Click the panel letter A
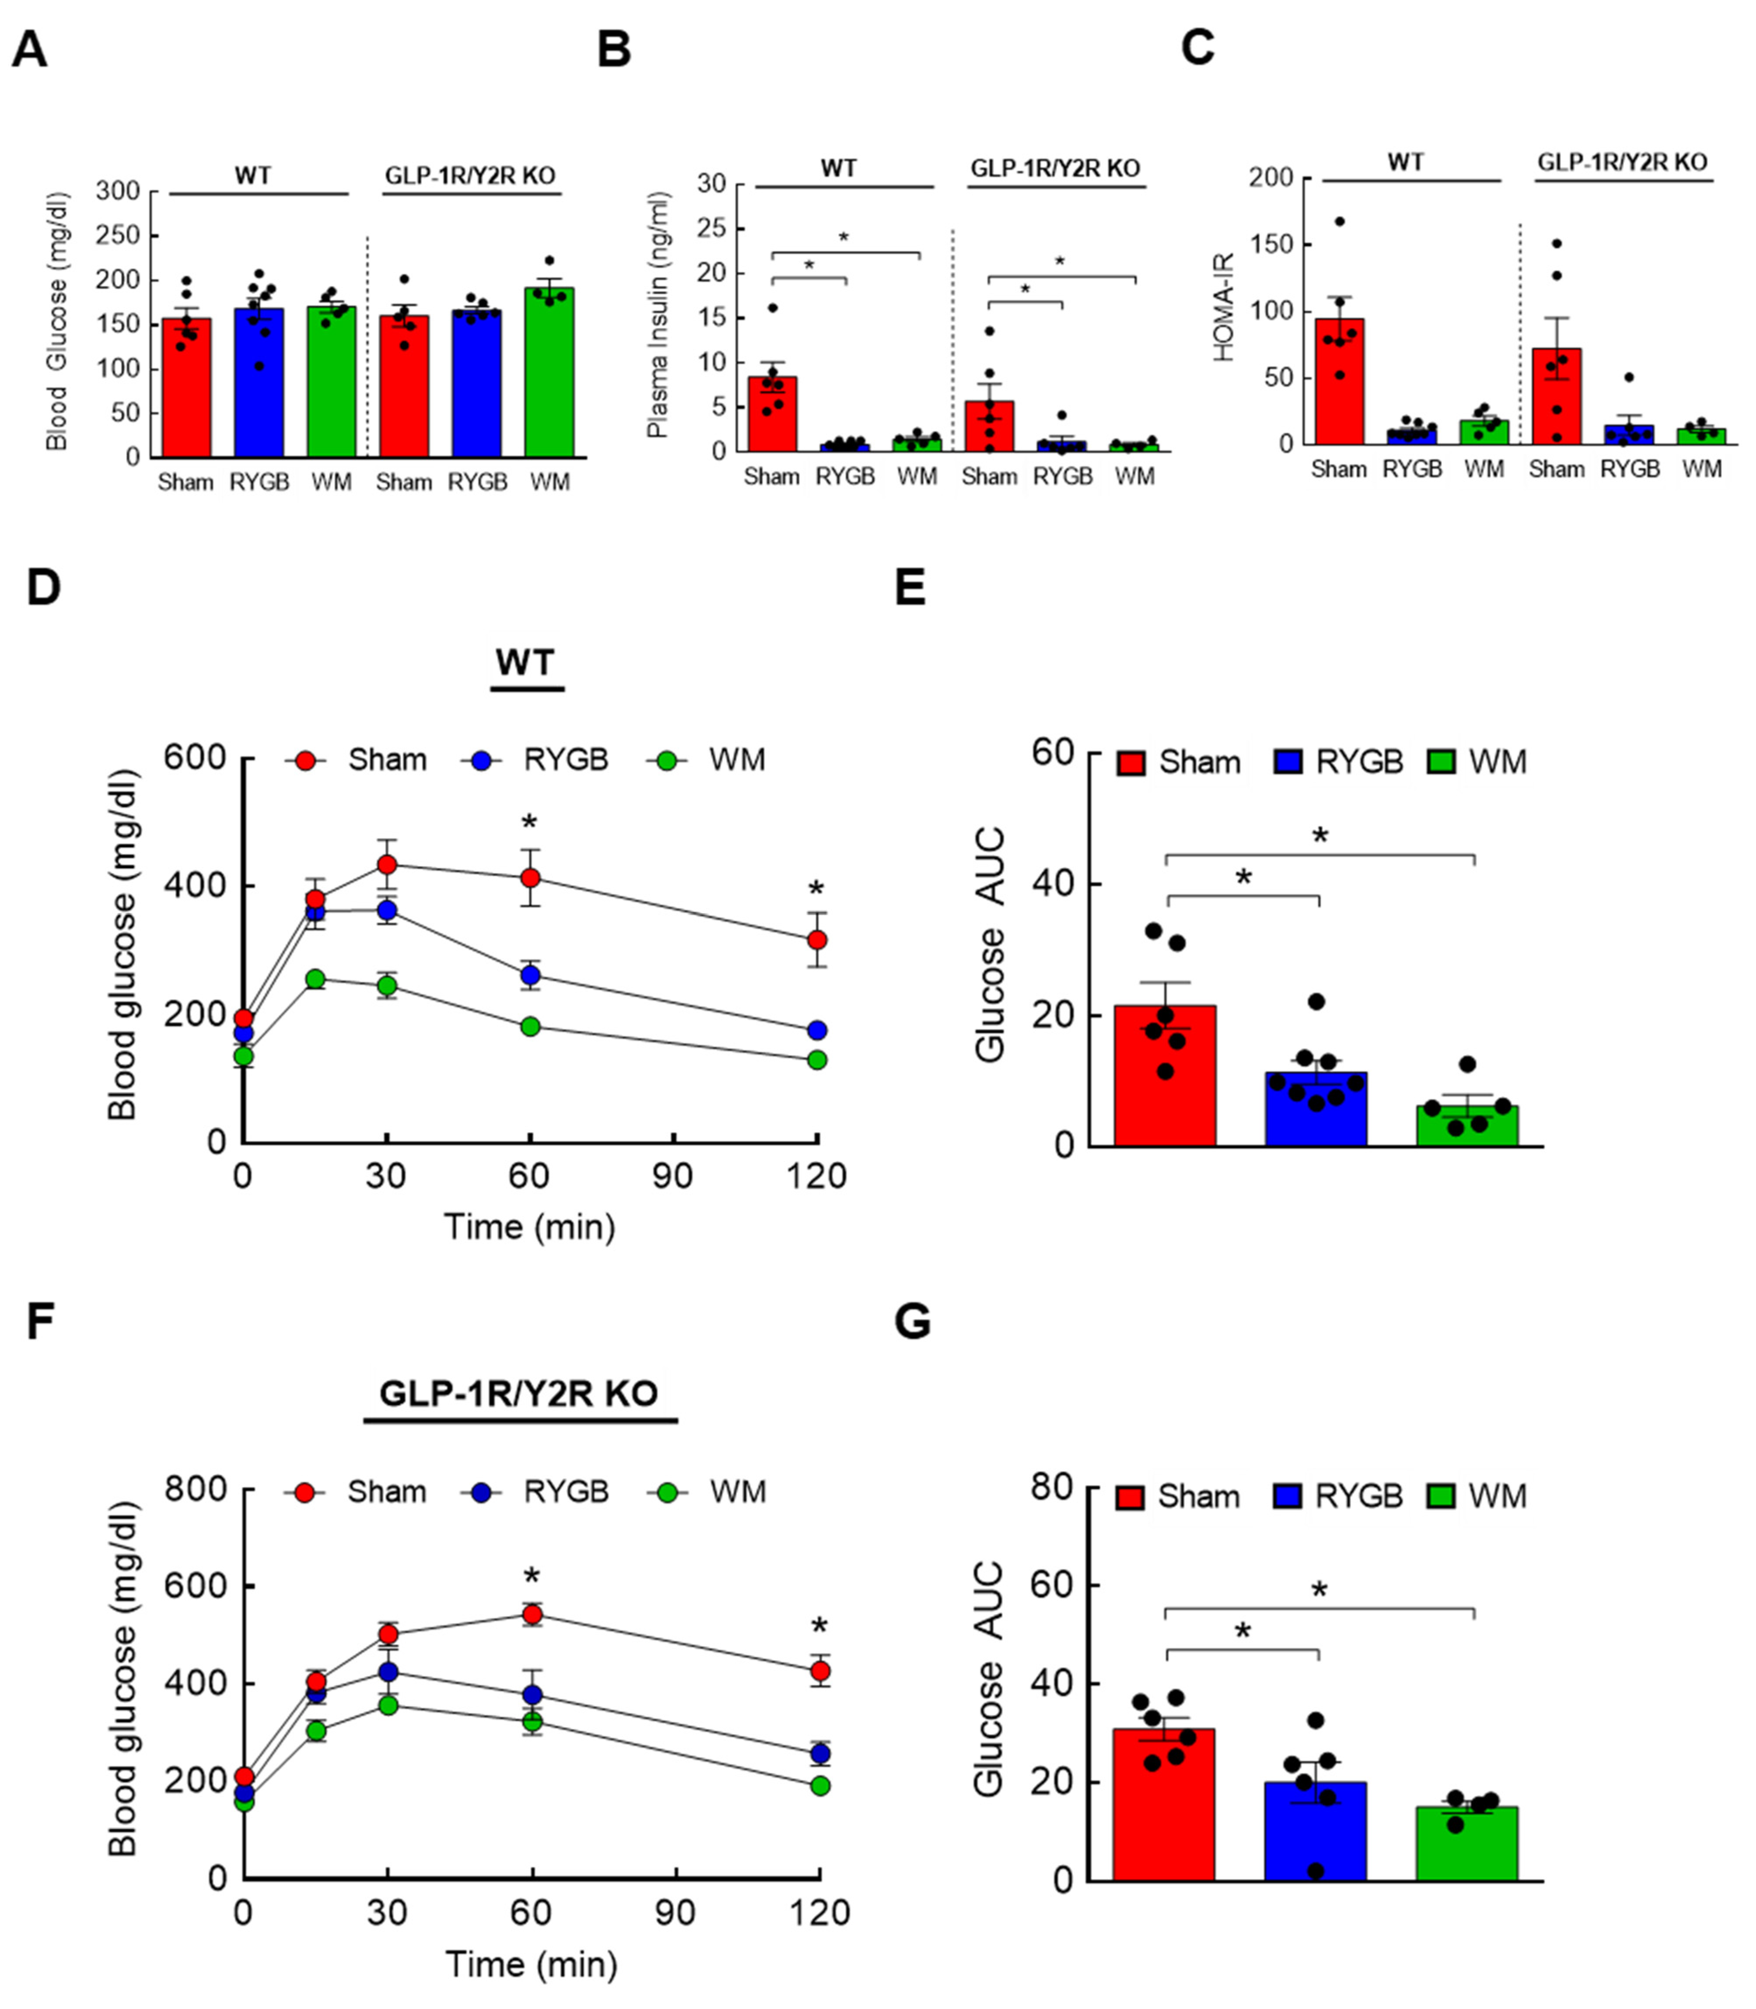point(29,49)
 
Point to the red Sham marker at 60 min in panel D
point(530,878)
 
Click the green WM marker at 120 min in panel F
point(820,1785)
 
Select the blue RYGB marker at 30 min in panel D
point(387,910)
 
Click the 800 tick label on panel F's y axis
point(195,1489)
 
